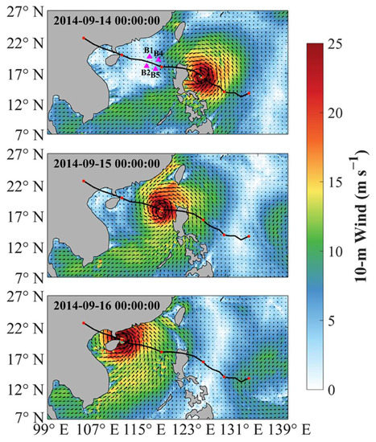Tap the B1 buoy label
pos(148,51)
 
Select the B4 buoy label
pos(159,53)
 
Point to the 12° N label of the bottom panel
pos(23,387)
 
